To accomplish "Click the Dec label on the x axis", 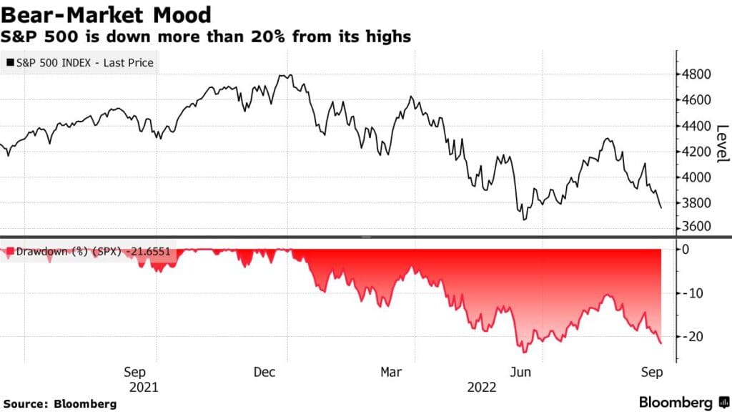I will tap(264, 372).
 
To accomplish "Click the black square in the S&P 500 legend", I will tap(9, 63).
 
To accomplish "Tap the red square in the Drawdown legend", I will tap(9, 252).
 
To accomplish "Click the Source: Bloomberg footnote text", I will tap(60, 404).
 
